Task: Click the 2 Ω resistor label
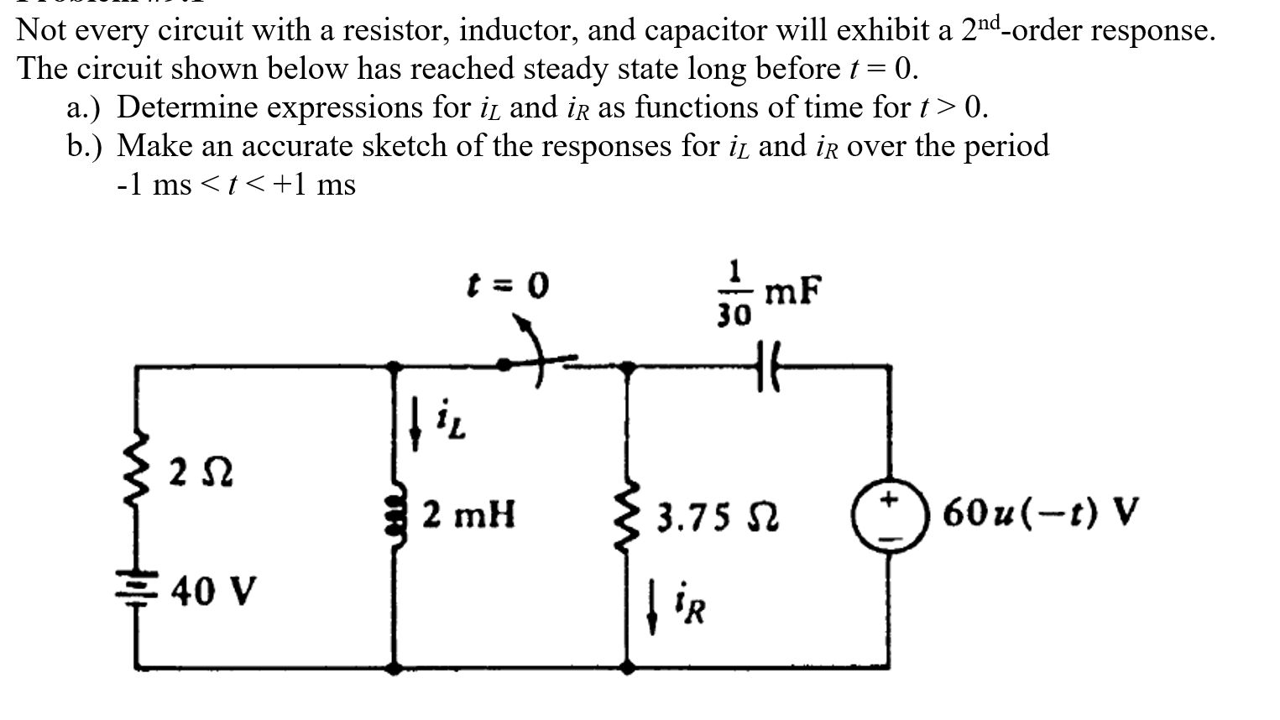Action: tap(201, 473)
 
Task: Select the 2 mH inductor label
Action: tap(468, 514)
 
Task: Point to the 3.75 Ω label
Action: tap(717, 518)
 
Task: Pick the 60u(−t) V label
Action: tap(1041, 510)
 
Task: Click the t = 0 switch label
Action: tap(509, 287)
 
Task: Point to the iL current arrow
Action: tap(415, 424)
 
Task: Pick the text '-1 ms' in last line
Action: tap(154, 185)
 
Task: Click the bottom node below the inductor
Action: tap(394, 668)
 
